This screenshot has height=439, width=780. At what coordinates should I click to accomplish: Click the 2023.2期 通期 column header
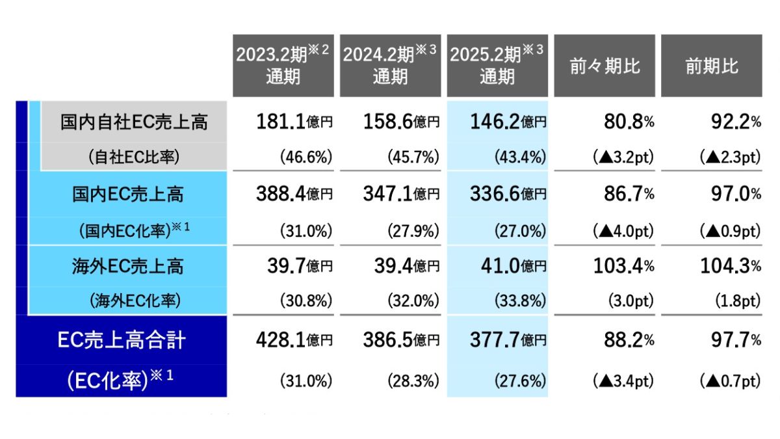pyautogui.click(x=283, y=66)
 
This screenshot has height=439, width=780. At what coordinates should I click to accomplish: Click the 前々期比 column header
pyautogui.click(x=604, y=66)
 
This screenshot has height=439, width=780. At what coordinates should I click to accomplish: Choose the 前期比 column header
pyautogui.click(x=712, y=66)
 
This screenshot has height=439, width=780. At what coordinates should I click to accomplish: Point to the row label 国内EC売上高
pyautogui.click(x=128, y=194)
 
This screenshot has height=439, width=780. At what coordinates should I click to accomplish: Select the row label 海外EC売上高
pyautogui.click(x=128, y=266)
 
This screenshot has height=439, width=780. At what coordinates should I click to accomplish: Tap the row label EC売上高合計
pyautogui.click(x=122, y=340)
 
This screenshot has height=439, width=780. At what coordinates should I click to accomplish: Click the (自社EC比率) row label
pyautogui.click(x=133, y=157)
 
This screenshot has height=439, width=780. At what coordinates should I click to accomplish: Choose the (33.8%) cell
pyautogui.click(x=519, y=302)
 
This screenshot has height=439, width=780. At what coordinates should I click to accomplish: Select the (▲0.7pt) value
pyautogui.click(x=729, y=381)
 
